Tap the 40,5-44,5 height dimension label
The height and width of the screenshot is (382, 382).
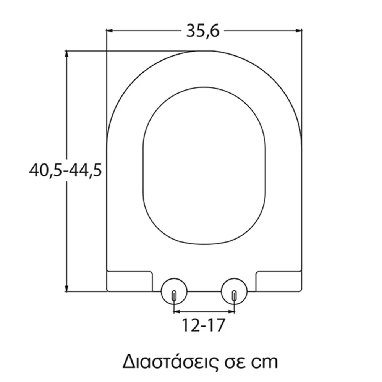point(65,170)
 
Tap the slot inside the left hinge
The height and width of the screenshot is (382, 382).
point(174,296)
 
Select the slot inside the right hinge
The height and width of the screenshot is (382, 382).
point(234,296)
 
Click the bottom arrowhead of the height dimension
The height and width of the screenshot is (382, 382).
point(67,288)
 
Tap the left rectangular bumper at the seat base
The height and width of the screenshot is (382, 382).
point(130,281)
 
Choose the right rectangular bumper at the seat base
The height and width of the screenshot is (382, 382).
point(279,281)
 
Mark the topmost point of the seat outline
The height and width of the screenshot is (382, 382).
point(204,50)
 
